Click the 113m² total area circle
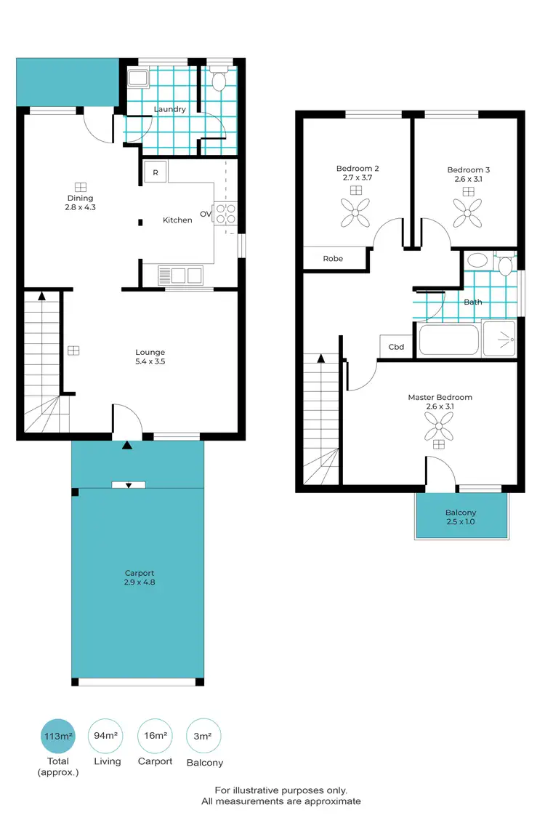59,736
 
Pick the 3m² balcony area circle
204,736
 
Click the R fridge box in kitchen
156,172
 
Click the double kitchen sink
180,276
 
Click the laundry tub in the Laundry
137,78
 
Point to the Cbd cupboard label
396,347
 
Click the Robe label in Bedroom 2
333,258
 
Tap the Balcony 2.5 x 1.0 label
461,517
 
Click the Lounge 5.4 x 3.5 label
150,356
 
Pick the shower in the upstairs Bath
500,340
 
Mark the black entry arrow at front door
128,444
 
